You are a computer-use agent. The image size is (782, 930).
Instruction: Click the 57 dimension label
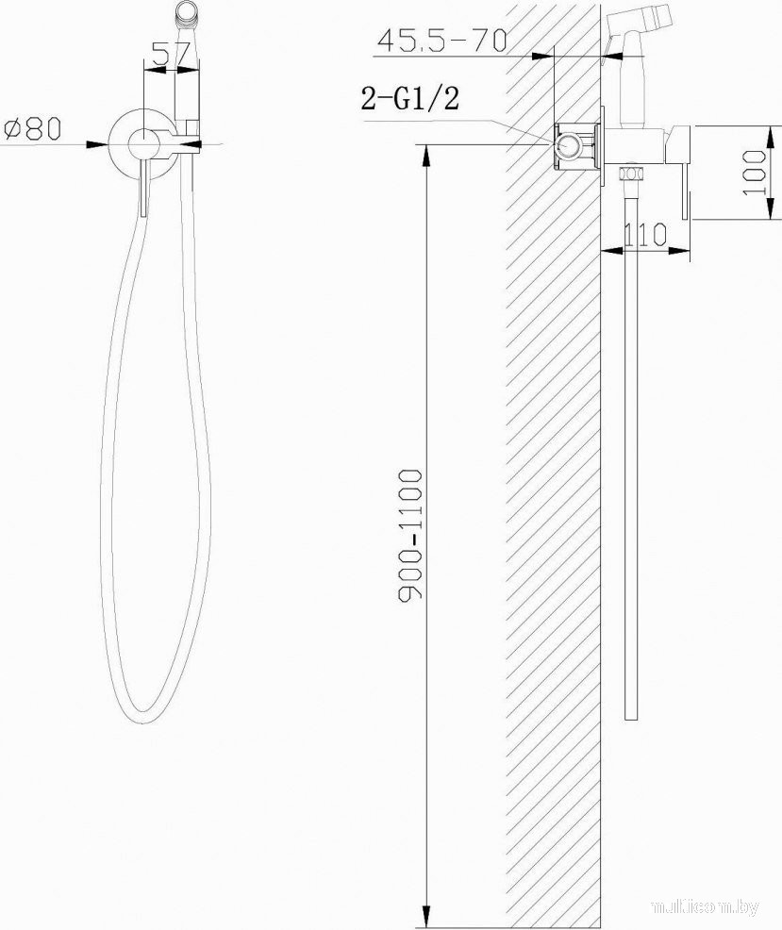click(171, 54)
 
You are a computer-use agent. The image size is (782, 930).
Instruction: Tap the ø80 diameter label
click(33, 128)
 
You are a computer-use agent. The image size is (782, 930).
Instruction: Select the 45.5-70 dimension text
click(442, 41)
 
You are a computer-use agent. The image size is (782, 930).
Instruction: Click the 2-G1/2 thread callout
click(410, 98)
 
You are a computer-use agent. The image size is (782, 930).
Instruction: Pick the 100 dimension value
click(755, 172)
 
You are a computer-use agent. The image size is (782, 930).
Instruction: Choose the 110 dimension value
click(645, 235)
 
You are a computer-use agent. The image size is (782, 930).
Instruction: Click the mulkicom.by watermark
click(706, 906)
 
